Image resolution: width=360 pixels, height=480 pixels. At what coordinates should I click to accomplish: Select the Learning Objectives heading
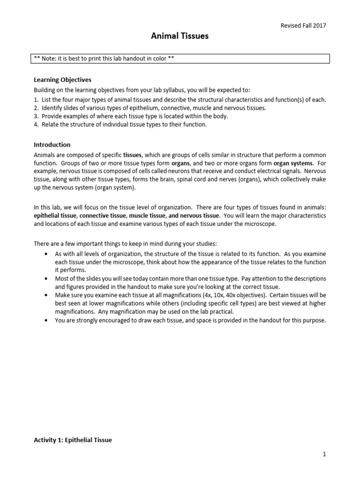pos(62,80)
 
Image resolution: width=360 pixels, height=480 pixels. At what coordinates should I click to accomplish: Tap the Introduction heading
pos(52,145)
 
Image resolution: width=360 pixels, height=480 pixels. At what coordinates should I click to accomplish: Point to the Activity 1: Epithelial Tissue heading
pos(73,440)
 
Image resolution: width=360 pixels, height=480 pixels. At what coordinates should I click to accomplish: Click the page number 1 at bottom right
pos(324,454)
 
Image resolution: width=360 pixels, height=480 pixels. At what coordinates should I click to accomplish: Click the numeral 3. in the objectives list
pos(37,116)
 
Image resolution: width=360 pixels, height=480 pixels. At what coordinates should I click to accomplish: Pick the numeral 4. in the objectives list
pos(37,125)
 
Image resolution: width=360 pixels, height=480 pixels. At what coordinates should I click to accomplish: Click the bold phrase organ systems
pos(296,163)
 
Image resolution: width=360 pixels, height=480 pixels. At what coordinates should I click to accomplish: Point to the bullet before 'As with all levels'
pos(45,254)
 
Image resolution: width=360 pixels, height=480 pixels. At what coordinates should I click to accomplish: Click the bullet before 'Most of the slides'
pos(45,279)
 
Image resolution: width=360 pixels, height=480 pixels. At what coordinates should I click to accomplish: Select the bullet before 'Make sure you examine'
pos(45,296)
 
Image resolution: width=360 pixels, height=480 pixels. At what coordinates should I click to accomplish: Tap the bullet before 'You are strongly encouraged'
pos(45,321)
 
